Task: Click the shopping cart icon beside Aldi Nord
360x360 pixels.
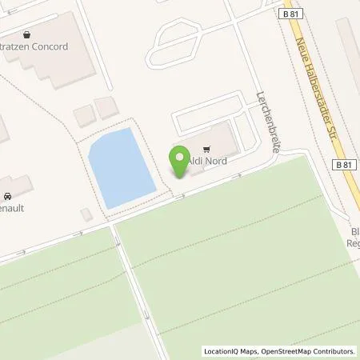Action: pyautogui.click(x=206, y=149)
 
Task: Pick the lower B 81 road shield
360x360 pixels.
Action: pyautogui.click(x=344, y=165)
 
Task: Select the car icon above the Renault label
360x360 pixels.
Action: pyautogui.click(x=7, y=195)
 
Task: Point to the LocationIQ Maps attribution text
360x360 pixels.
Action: pyautogui.click(x=233, y=351)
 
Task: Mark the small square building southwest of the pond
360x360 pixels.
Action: pyautogui.click(x=86, y=214)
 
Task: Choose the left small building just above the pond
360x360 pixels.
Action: pyautogui.click(x=84, y=115)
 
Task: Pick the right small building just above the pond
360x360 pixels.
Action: pyautogui.click(x=106, y=108)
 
